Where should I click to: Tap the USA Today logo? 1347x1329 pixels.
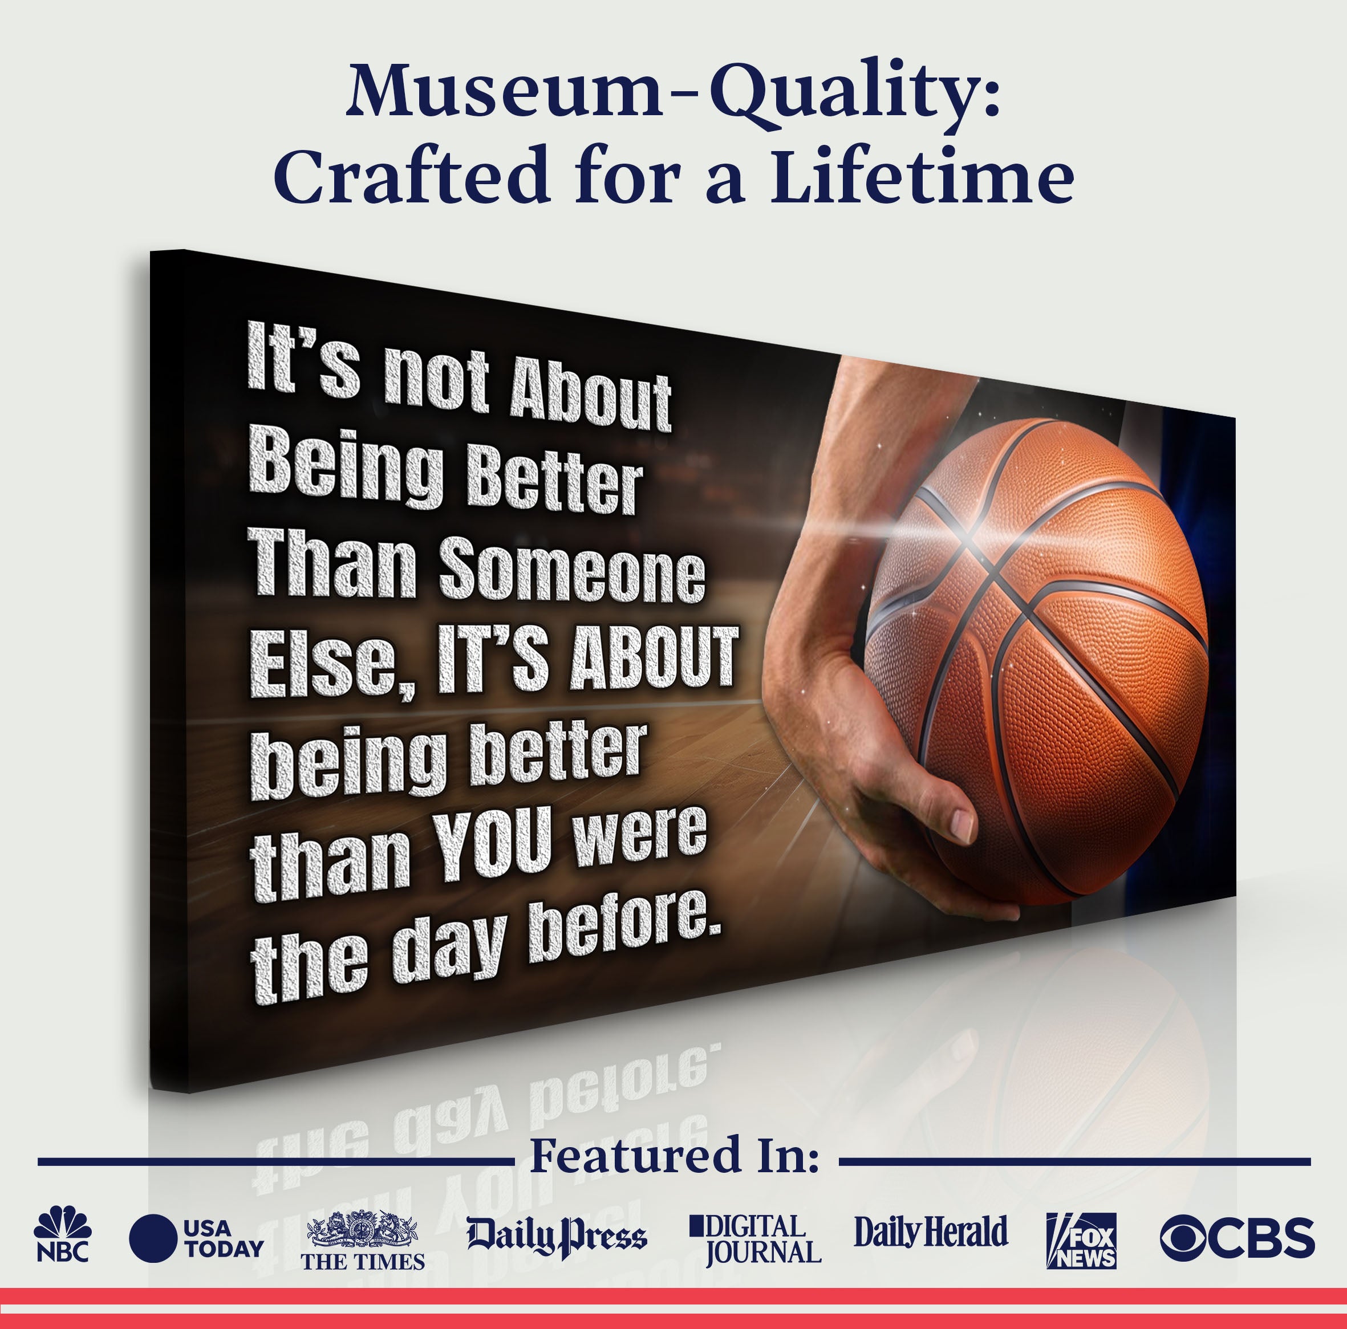click(x=196, y=1238)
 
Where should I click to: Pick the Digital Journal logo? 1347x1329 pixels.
click(x=756, y=1239)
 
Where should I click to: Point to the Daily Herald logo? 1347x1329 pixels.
click(x=931, y=1233)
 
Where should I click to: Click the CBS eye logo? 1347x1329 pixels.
click(x=1237, y=1238)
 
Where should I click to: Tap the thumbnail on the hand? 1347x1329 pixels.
click(x=962, y=825)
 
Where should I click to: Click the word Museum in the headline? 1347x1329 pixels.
click(x=504, y=92)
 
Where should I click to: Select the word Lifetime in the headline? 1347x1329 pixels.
click(x=922, y=174)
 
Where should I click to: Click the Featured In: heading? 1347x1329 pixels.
click(x=674, y=1156)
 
